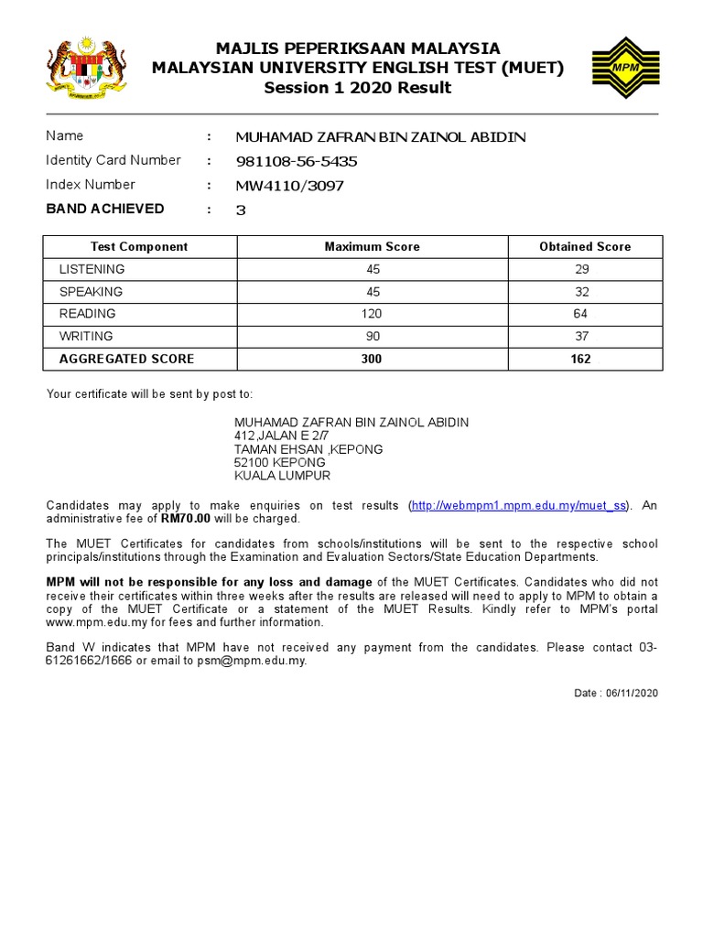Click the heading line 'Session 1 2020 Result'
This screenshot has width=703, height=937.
pyautogui.click(x=358, y=88)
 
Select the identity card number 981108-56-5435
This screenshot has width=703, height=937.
pyautogui.click(x=297, y=161)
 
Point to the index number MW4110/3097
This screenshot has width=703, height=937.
pyautogui.click(x=289, y=186)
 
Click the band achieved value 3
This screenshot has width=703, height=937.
pyautogui.click(x=241, y=210)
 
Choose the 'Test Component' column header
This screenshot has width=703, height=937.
pyautogui.click(x=139, y=247)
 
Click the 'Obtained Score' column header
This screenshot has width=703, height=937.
pyautogui.click(x=585, y=247)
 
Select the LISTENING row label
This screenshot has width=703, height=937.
pyautogui.click(x=92, y=269)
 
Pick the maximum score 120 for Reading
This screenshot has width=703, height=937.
pyautogui.click(x=372, y=314)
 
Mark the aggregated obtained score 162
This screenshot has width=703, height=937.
pyautogui.click(x=580, y=359)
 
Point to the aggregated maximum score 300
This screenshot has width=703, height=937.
pyautogui.click(x=372, y=359)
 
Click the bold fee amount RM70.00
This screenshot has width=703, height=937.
pyautogui.click(x=186, y=519)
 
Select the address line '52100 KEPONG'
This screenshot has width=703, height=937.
pyautogui.click(x=280, y=462)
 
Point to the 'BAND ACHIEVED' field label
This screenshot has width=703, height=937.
pyautogui.click(x=105, y=209)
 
